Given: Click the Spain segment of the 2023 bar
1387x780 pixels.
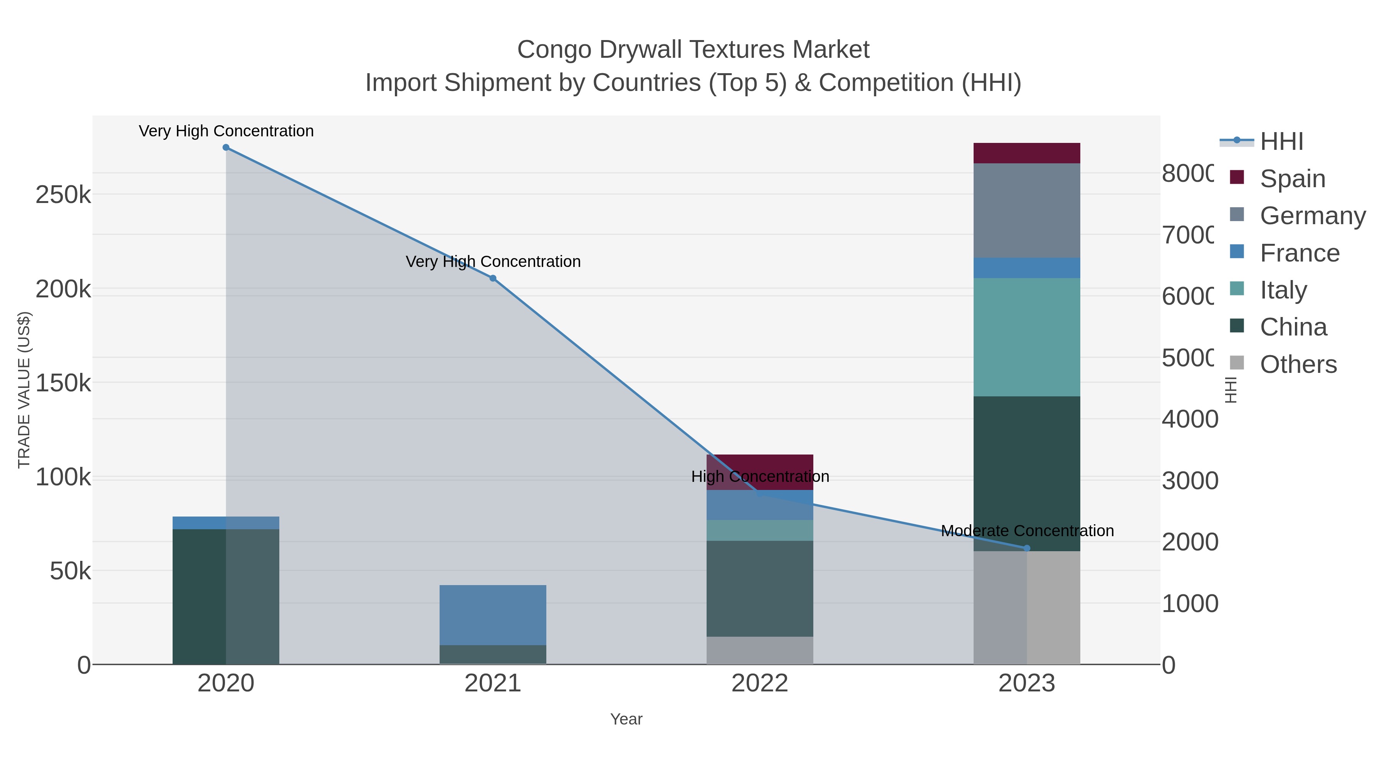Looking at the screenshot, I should (1026, 153).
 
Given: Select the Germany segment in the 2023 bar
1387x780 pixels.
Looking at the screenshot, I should (1026, 210).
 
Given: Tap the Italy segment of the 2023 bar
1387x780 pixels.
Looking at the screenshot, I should (1026, 337).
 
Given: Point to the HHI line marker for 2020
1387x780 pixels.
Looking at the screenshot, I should (226, 148).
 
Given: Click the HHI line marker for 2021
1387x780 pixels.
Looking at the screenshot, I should (493, 278).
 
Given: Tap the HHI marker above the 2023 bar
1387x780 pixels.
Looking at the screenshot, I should (1026, 548).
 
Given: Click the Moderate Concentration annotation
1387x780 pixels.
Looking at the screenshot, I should (1027, 531).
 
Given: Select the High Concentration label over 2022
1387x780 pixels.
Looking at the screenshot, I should (760, 476).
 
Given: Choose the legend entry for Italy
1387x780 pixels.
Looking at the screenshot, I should (1283, 290).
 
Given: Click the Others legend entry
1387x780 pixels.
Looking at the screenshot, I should (1298, 364).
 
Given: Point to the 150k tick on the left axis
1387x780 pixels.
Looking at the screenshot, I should (63, 383).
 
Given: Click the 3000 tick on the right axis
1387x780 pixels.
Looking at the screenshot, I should (1189, 480).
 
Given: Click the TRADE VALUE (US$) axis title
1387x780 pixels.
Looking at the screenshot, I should (24, 390).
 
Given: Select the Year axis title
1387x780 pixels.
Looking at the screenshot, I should (626, 719).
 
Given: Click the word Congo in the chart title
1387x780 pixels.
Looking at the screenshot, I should (554, 50).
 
